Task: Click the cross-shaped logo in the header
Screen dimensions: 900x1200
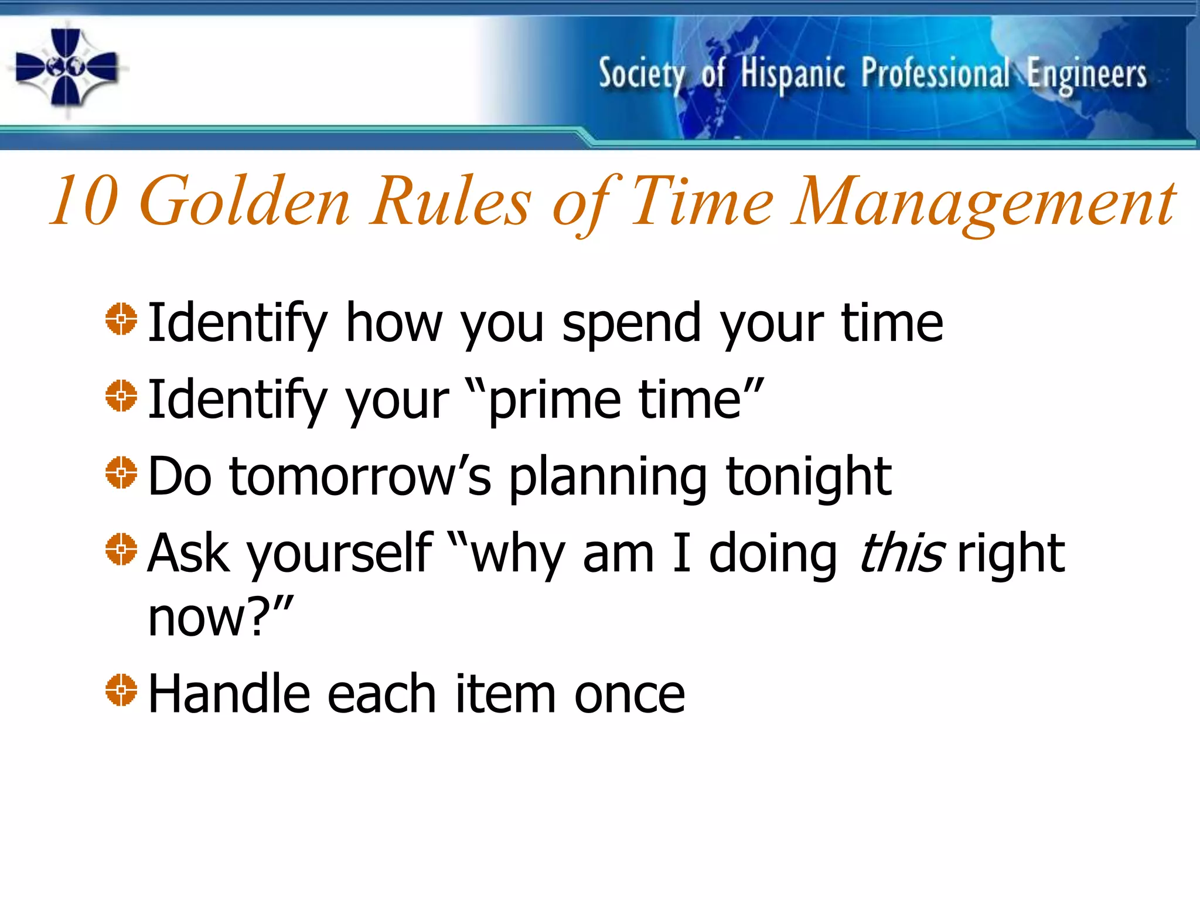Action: coord(66,67)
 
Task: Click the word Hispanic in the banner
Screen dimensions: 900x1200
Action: coord(792,74)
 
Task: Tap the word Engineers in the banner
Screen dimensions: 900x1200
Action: coord(1086,75)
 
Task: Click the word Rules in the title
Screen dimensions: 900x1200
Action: coord(451,201)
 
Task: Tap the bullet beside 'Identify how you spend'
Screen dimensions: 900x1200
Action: coord(121,320)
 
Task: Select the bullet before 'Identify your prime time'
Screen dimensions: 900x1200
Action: coord(121,397)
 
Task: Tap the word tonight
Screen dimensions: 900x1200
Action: coord(808,478)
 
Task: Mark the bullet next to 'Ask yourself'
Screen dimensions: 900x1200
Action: coord(121,550)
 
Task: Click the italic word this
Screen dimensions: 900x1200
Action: coord(901,554)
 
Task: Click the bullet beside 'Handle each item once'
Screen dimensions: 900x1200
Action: coord(121,690)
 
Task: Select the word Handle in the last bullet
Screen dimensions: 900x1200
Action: coord(229,694)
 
